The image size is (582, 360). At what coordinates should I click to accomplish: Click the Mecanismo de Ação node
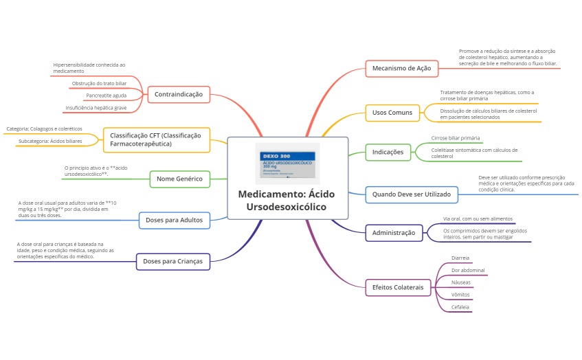(x=401, y=69)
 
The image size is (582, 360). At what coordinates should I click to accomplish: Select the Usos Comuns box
(x=392, y=113)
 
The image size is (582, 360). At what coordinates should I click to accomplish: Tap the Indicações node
(x=388, y=152)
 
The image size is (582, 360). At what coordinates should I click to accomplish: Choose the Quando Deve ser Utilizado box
(x=411, y=194)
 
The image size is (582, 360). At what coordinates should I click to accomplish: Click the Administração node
(x=393, y=233)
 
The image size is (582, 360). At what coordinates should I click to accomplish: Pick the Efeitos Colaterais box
(x=398, y=286)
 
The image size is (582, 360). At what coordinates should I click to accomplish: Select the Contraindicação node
(x=179, y=94)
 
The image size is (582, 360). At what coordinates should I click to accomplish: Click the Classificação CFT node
(x=156, y=139)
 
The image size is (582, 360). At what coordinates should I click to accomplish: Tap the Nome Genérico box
(x=179, y=179)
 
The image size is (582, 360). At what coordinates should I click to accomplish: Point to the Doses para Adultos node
(x=174, y=220)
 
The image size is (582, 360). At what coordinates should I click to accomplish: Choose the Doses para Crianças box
(x=173, y=261)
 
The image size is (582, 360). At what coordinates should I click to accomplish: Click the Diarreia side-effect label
(x=460, y=258)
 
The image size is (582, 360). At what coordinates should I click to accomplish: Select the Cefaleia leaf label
(x=460, y=307)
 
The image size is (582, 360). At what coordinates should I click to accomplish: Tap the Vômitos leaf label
(x=460, y=295)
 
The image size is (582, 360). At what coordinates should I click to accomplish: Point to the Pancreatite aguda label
(x=107, y=95)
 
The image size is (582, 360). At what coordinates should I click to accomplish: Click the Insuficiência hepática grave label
(x=96, y=108)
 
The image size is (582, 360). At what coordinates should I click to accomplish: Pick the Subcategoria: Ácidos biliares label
(x=50, y=141)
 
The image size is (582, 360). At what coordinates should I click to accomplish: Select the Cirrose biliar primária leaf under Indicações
(x=456, y=138)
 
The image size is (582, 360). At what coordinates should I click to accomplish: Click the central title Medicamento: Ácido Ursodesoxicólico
(x=287, y=200)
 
